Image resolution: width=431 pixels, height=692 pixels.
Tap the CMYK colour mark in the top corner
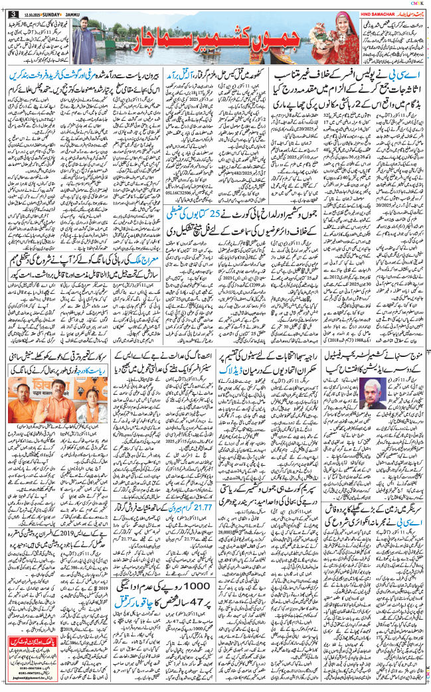point(417,3)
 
